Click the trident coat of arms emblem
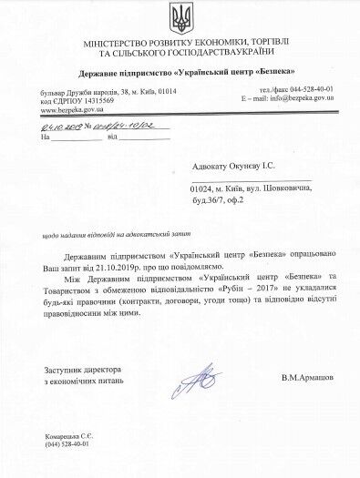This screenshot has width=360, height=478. click(x=179, y=17)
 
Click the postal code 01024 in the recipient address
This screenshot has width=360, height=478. click(x=203, y=188)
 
